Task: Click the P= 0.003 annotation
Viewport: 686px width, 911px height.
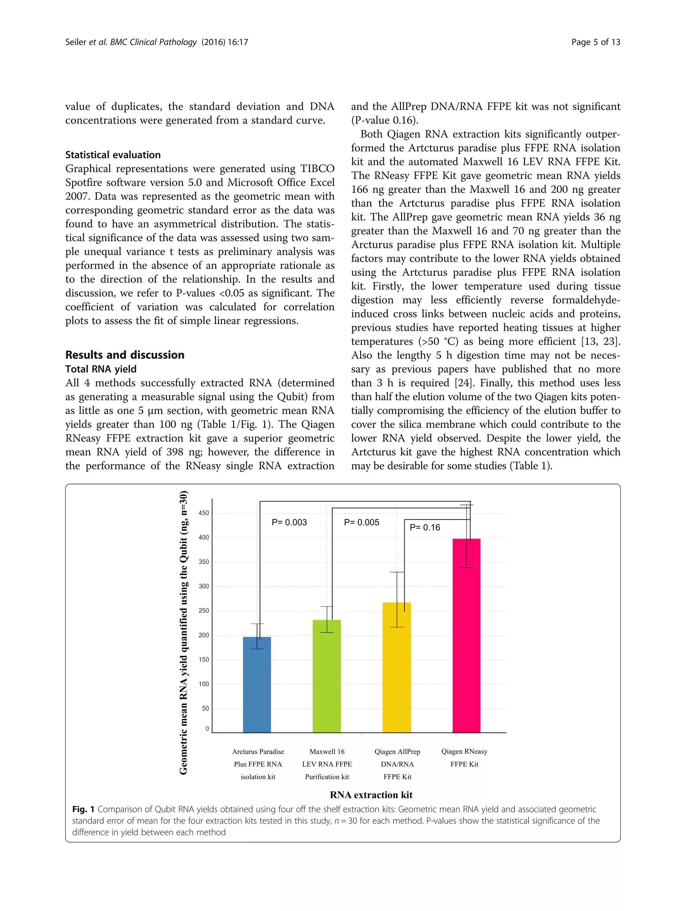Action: [289, 523]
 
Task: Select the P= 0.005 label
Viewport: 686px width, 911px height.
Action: [361, 523]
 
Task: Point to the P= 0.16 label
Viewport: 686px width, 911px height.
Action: [425, 528]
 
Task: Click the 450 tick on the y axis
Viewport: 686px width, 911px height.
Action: [204, 513]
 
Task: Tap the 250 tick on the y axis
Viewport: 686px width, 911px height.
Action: [204, 611]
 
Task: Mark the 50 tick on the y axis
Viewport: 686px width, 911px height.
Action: [205, 708]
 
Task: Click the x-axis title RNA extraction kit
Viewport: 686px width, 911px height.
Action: [371, 795]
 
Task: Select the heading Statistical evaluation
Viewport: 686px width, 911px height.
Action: [113, 155]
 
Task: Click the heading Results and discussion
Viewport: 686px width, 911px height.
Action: [125, 355]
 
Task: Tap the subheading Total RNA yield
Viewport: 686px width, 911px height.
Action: [101, 369]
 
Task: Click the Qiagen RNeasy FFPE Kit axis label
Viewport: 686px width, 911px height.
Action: [464, 757]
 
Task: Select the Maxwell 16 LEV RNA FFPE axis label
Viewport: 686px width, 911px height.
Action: [327, 764]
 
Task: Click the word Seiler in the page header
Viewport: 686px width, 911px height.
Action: [76, 42]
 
